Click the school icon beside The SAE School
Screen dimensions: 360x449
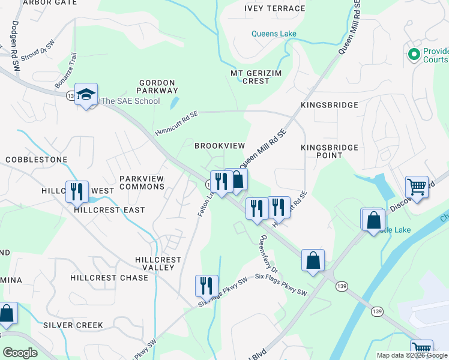[86, 94]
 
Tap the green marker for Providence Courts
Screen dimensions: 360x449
[413, 55]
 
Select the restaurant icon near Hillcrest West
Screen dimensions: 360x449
[77, 192]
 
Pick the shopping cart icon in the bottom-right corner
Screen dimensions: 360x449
[421, 349]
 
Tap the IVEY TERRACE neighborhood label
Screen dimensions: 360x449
[274, 8]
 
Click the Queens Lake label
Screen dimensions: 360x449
[274, 34]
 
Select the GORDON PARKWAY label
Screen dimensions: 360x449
[157, 86]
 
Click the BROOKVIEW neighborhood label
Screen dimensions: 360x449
[220, 146]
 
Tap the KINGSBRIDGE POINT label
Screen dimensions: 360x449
[329, 151]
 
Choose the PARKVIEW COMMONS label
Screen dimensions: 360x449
[142, 182]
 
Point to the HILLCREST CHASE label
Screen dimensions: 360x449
[109, 278]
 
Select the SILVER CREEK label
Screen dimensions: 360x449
[73, 325]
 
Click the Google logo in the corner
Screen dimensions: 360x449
[20, 352]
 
